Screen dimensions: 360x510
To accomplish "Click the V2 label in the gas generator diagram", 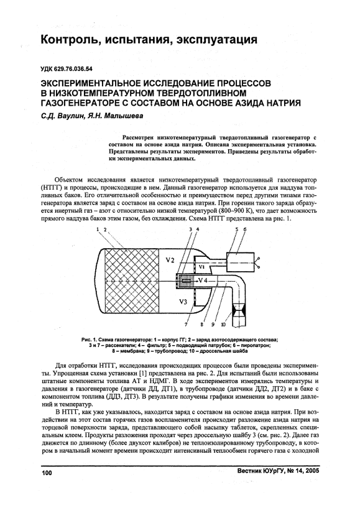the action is (x=170, y=260).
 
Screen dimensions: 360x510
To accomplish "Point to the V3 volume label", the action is (x=183, y=302).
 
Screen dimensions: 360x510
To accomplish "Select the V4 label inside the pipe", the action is (x=203, y=280).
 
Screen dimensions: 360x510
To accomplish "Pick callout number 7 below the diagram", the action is (x=187, y=324).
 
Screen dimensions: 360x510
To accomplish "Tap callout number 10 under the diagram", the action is (x=223, y=324).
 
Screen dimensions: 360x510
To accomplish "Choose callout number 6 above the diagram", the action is (x=245, y=229).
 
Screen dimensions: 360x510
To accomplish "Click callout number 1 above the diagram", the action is (x=98, y=229).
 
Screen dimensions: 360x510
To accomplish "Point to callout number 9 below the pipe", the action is (x=213, y=324).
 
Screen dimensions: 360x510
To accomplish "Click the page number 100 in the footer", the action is (x=47, y=473).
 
